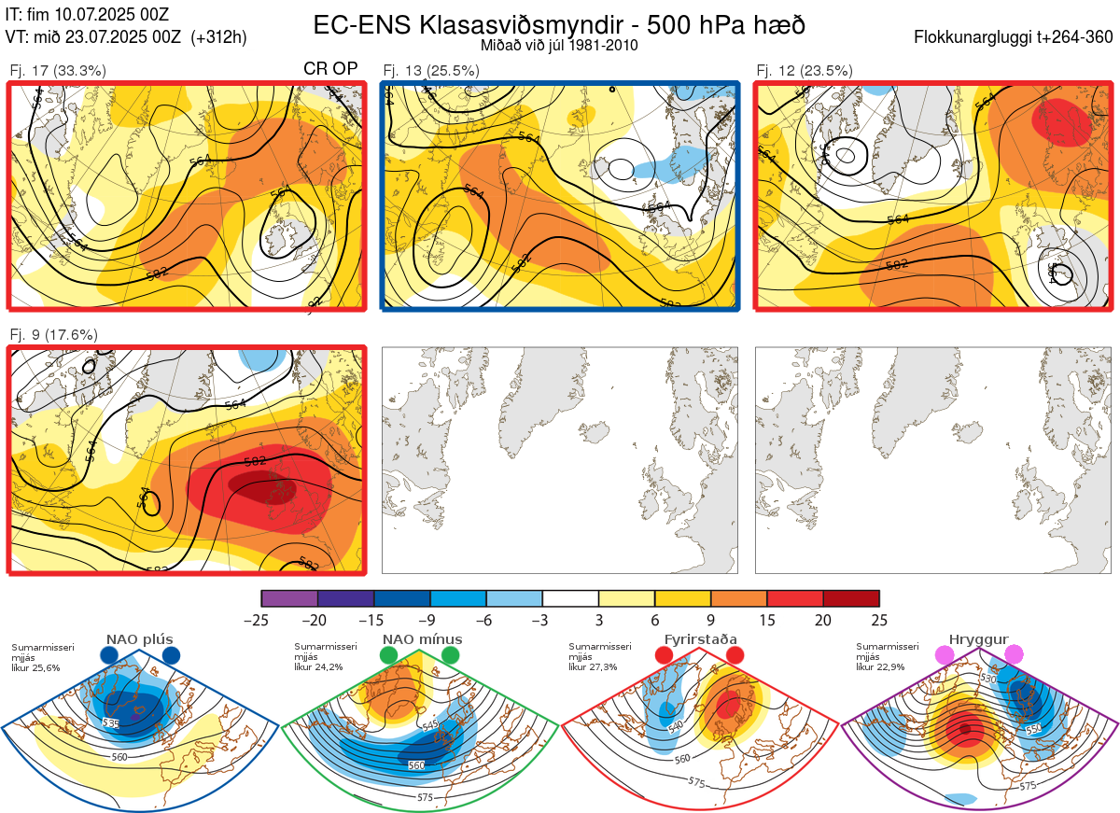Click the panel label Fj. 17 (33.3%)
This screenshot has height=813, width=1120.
(x=58, y=70)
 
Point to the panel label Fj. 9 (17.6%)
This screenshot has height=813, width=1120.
(x=53, y=334)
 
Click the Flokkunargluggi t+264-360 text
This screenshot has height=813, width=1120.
(x=1015, y=37)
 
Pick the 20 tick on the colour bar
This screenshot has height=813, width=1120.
(x=823, y=620)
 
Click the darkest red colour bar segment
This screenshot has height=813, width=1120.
(x=851, y=598)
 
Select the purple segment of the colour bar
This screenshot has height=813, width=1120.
(x=290, y=598)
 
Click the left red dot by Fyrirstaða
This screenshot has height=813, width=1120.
(x=664, y=656)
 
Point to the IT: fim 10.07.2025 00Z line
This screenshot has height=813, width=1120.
(x=87, y=15)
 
